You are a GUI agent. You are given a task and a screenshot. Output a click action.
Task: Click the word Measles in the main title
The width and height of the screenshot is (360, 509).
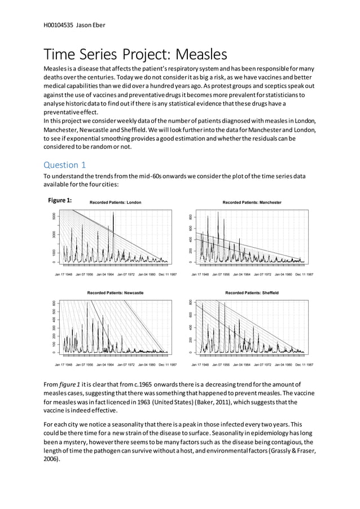(x=201, y=55)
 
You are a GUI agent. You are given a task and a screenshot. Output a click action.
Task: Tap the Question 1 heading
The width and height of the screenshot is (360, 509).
(x=65, y=165)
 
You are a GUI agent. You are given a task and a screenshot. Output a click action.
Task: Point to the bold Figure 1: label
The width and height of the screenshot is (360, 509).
(x=60, y=200)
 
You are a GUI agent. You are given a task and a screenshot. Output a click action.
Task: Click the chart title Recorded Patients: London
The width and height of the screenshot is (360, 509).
(x=116, y=202)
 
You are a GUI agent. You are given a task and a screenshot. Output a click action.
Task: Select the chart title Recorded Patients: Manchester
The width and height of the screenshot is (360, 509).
(x=252, y=202)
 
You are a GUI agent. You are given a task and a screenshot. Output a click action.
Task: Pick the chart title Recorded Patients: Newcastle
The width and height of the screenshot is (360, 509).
(x=115, y=293)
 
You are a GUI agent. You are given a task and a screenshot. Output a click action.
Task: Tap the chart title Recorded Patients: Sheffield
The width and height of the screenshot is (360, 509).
(x=252, y=293)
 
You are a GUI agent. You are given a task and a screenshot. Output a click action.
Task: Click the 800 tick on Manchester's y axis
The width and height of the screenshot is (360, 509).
(x=191, y=217)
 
